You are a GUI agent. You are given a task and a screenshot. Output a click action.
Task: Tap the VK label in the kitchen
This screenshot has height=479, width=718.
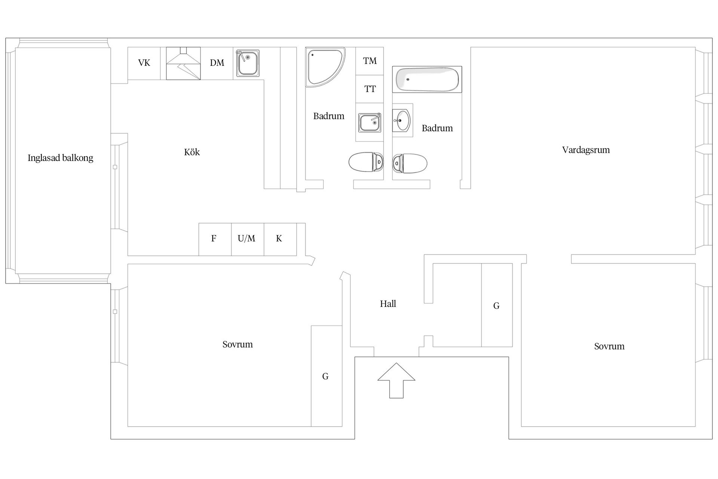point(144,63)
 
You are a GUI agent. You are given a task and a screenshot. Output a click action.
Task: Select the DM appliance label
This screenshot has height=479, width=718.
point(217,63)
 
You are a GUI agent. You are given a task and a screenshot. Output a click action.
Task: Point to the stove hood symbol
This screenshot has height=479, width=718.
point(183,63)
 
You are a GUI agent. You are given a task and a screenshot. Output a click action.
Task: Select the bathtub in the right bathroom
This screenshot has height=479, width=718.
point(427,79)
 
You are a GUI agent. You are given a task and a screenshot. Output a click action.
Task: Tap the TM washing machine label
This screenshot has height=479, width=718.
point(370,61)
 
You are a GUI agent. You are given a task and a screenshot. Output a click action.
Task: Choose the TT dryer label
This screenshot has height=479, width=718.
point(370,89)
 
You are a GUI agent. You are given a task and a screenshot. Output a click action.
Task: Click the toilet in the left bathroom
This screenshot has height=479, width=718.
point(366,162)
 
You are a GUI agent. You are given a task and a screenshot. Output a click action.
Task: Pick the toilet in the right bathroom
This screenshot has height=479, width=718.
point(410,163)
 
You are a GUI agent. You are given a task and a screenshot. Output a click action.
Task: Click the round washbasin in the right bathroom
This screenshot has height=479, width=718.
point(402,120)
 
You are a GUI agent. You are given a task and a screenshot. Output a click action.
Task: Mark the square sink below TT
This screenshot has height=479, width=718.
point(369,123)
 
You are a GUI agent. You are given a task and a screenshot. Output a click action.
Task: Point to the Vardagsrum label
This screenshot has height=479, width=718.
point(586,150)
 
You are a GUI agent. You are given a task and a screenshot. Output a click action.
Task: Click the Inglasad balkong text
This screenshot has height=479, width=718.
point(61,158)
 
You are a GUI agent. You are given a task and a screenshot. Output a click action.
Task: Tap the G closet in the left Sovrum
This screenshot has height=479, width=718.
point(326,376)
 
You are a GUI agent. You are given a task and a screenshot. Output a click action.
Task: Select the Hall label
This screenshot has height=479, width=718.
point(388,304)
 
